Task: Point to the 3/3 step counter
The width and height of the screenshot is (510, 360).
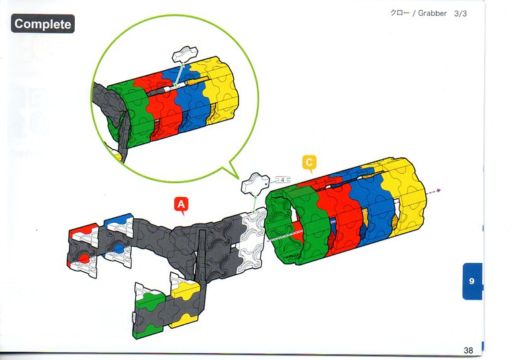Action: [461, 14]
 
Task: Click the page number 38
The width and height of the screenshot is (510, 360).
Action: [468, 349]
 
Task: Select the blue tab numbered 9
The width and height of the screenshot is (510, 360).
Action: [472, 281]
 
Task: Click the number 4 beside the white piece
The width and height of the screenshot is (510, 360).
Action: [283, 180]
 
